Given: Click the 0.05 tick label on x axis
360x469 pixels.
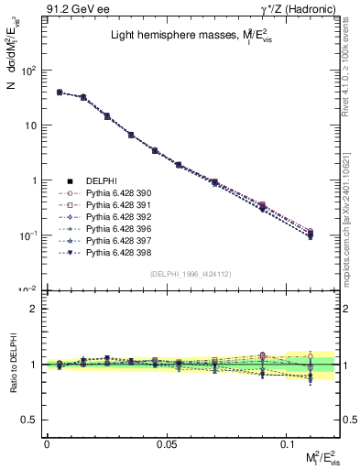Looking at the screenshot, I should click(167, 444).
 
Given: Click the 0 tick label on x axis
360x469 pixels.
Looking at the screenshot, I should click(47, 444).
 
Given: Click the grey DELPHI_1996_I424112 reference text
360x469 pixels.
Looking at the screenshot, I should click(191, 273).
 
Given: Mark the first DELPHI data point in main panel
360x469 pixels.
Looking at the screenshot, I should click(59, 93).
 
